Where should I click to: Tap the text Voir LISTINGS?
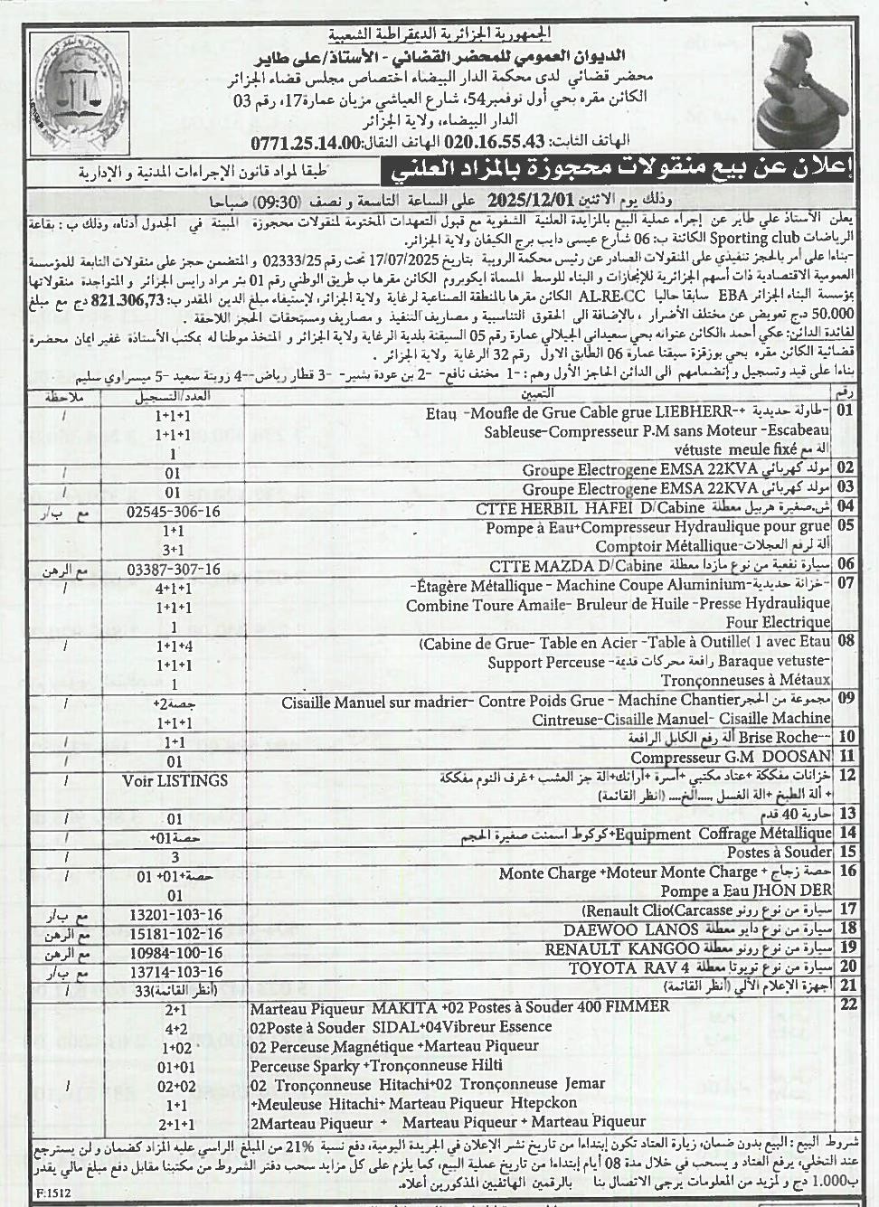coord(175,779)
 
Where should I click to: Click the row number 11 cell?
coord(846,757)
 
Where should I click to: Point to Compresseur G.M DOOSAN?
coord(730,757)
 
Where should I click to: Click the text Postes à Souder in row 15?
coord(780,852)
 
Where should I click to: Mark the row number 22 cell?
coord(846,1004)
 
